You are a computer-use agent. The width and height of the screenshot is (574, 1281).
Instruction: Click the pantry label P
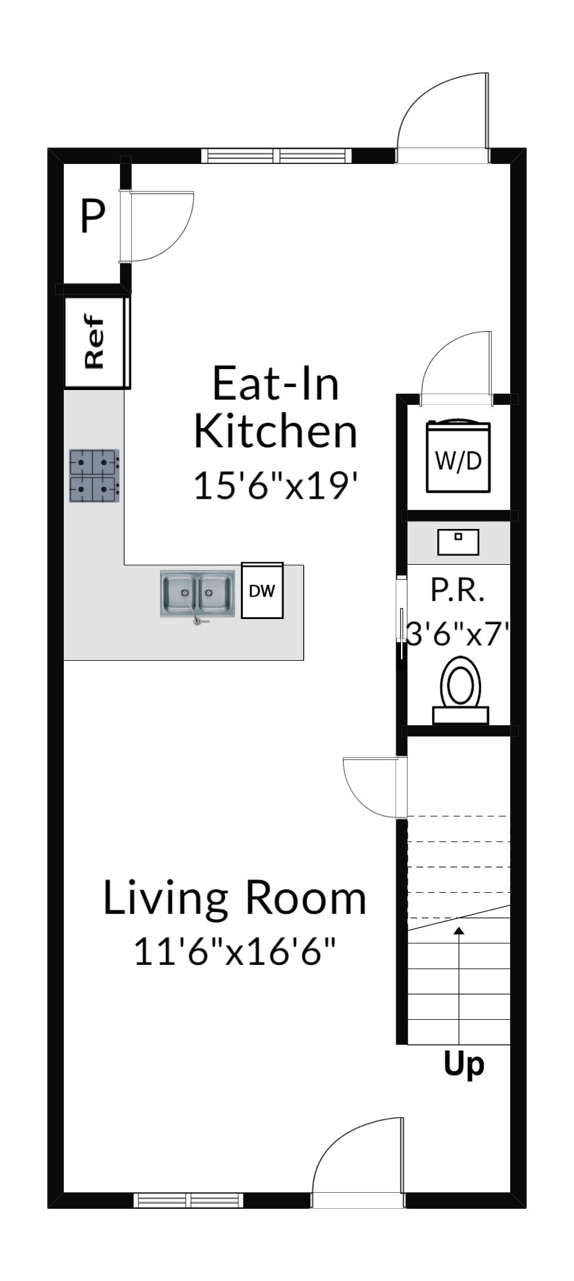pyautogui.click(x=92, y=216)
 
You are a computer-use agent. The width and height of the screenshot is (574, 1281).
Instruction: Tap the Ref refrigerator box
pyautogui.click(x=97, y=342)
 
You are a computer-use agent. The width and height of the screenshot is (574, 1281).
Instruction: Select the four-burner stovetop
pyautogui.click(x=94, y=475)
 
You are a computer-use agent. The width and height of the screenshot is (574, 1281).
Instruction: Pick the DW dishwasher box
pyautogui.click(x=262, y=590)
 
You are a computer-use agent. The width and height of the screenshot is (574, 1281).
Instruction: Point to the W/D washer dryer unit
pyautogui.click(x=458, y=456)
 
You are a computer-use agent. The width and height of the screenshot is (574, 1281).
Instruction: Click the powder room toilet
pyautogui.click(x=461, y=690)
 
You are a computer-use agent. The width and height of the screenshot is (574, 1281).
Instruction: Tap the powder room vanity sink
pyautogui.click(x=458, y=542)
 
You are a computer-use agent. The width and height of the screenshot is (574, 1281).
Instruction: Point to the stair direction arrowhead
pyautogui.click(x=459, y=931)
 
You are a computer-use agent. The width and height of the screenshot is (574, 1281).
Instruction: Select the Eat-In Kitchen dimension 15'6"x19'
pyautogui.click(x=276, y=485)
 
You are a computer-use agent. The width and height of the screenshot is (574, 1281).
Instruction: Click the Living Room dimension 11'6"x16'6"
pyautogui.click(x=234, y=951)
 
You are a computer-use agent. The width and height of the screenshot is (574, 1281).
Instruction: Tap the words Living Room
pyautogui.click(x=234, y=898)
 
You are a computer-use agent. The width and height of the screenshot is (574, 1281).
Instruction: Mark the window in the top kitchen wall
pyautogui.click(x=276, y=156)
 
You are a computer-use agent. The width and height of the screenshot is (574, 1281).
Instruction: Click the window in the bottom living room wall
pyautogui.click(x=189, y=1200)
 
